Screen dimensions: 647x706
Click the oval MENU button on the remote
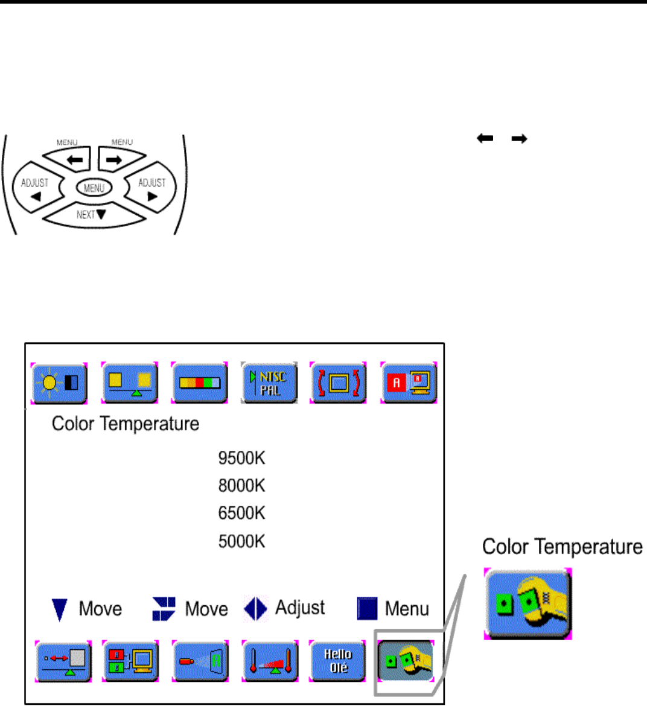pyautogui.click(x=94, y=188)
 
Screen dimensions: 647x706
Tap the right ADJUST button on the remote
pyautogui.click(x=151, y=188)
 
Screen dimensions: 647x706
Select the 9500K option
pyautogui.click(x=241, y=458)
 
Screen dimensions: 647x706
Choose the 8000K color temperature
pyautogui.click(x=241, y=486)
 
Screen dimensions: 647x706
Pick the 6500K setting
pyautogui.click(x=241, y=514)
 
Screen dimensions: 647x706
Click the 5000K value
pyautogui.click(x=241, y=541)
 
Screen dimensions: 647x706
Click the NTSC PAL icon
pyautogui.click(x=269, y=383)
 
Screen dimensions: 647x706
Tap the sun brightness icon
pyautogui.click(x=59, y=383)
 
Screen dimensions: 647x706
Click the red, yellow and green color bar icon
pyautogui.click(x=199, y=383)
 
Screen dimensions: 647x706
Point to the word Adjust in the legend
pyautogui.click(x=300, y=608)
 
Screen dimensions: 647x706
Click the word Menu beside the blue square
pyautogui.click(x=407, y=609)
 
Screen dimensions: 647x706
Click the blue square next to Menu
pyautogui.click(x=367, y=609)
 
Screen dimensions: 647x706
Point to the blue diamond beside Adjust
pyautogui.click(x=255, y=608)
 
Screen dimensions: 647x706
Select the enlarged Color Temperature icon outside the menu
pyautogui.click(x=527, y=603)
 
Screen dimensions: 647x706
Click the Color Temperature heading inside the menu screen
pyautogui.click(x=126, y=424)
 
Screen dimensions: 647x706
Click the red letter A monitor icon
pyautogui.click(x=409, y=383)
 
